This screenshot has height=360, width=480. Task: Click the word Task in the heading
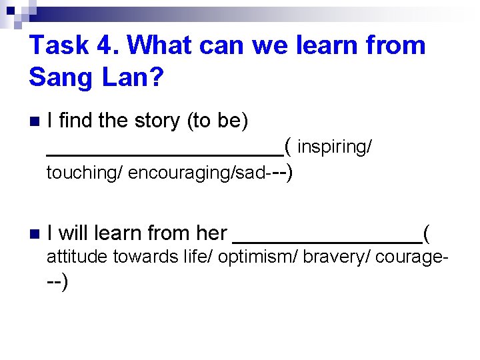(x=58, y=45)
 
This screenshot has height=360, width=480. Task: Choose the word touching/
(x=84, y=173)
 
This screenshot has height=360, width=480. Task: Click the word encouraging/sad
(x=197, y=173)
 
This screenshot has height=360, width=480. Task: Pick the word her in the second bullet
(x=211, y=233)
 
